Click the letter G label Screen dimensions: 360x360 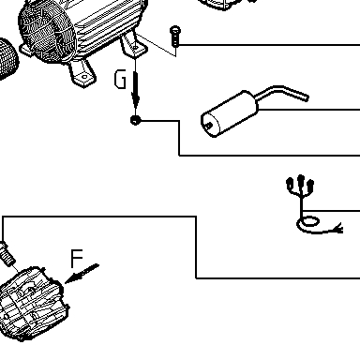(120, 79)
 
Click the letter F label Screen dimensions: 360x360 (77, 259)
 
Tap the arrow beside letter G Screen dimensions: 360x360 (135, 90)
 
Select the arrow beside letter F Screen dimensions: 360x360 (82, 274)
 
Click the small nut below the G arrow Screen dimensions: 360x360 (135, 120)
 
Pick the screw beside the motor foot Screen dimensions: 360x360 (175, 37)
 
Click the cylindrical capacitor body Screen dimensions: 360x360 (230, 114)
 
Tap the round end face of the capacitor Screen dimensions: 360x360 (210, 126)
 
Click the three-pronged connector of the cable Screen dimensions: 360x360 (300, 187)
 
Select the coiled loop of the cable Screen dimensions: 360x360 (308, 222)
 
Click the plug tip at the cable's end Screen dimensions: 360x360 (339, 229)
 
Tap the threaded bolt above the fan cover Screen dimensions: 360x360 (7, 252)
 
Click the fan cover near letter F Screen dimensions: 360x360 (33, 303)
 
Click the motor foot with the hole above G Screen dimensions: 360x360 (134, 45)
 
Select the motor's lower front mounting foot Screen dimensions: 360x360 (82, 73)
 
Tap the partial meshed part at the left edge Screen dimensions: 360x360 (7, 59)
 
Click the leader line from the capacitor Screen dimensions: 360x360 (309, 110)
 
